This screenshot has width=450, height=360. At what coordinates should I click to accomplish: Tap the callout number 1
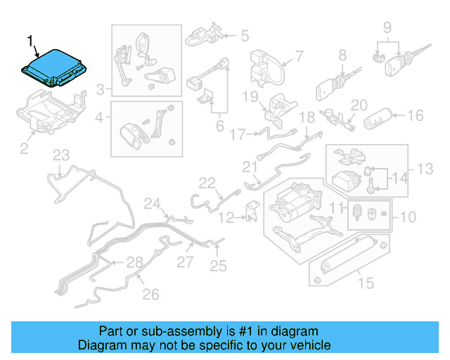point(29,41)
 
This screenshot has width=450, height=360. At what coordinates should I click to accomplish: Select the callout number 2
point(23,148)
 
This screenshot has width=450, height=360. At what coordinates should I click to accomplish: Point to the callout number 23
point(61,155)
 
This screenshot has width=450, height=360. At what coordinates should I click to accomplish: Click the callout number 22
point(206,183)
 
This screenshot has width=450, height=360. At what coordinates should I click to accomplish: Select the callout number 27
point(184,262)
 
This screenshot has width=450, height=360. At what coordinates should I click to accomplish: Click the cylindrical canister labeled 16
point(380,118)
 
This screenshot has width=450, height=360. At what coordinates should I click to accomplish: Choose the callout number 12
point(225,218)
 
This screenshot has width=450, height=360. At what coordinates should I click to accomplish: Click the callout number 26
point(151,295)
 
